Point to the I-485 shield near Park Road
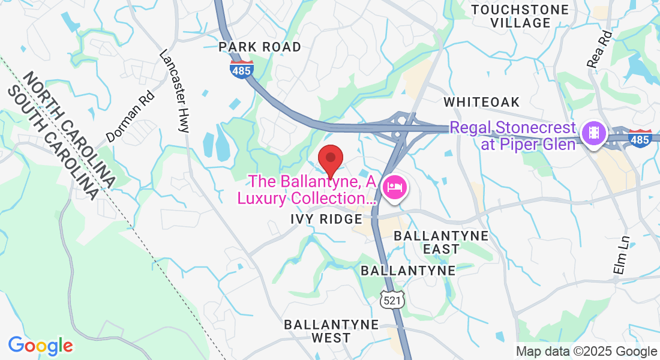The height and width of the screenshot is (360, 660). (x=241, y=68)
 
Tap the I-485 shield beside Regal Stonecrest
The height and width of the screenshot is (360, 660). (x=640, y=138)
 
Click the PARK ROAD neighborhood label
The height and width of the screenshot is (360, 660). (x=259, y=47)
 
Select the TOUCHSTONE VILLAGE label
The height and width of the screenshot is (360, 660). (x=520, y=16)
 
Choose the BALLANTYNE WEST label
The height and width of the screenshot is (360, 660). (x=331, y=331)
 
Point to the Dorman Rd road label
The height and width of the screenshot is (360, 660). (x=130, y=116)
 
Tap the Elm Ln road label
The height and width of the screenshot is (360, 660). (x=620, y=255)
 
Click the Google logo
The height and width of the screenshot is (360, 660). (x=40, y=346)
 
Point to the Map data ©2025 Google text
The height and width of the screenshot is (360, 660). (x=587, y=352)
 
